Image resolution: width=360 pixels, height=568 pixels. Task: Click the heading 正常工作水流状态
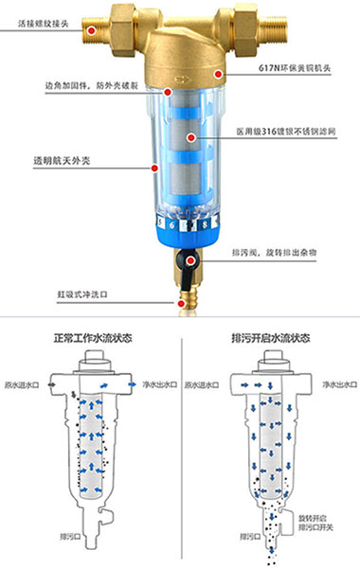tap(92, 338)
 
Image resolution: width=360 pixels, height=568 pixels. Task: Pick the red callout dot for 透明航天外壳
tap(153, 168)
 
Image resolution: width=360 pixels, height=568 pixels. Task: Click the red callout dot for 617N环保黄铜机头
tap(217, 71)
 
